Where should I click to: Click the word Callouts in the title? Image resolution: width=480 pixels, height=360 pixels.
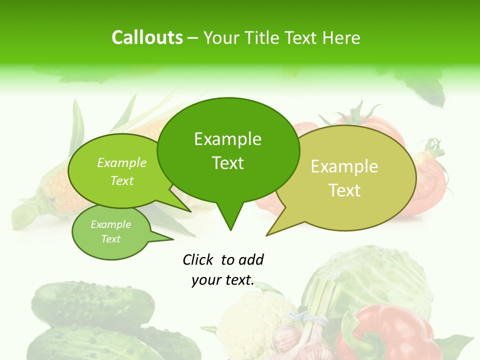point(147,37)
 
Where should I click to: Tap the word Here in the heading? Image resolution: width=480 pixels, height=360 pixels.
point(342,38)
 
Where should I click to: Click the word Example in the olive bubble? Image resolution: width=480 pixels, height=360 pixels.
point(344,166)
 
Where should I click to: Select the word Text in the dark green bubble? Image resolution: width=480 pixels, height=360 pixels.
point(228,163)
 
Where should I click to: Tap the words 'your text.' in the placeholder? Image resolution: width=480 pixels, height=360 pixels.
point(223,280)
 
